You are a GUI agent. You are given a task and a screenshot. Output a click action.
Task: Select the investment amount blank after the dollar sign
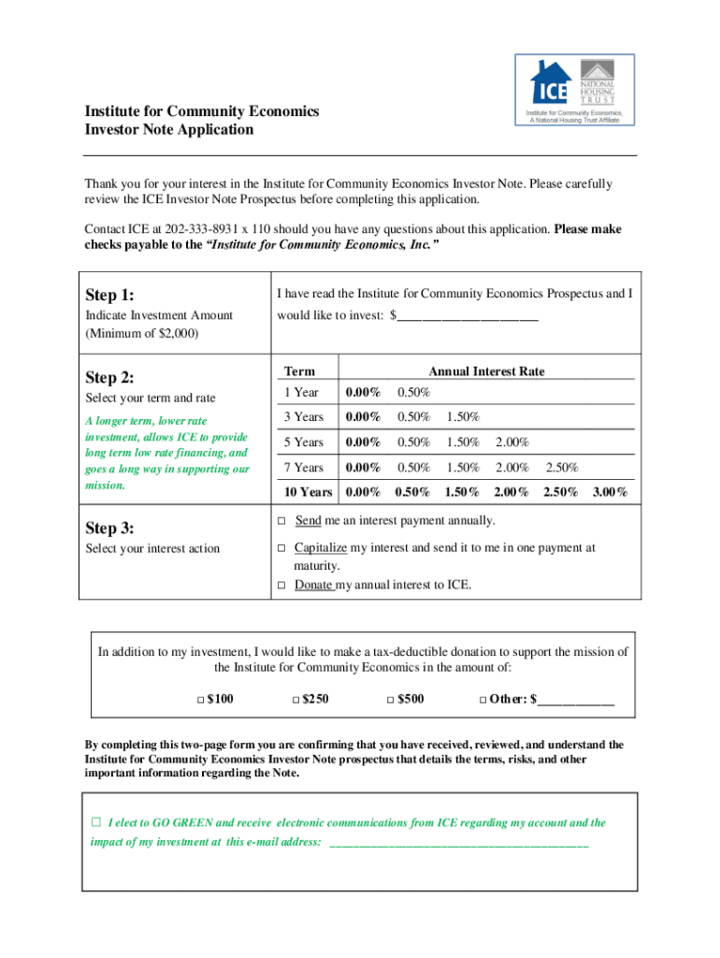468,316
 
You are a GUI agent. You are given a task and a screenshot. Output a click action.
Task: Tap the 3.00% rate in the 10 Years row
610,492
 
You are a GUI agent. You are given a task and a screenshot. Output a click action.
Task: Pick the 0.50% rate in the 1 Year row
413,392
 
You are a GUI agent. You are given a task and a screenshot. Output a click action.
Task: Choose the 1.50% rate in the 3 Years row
463,417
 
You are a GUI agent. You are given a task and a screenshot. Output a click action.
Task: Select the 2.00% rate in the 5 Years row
512,443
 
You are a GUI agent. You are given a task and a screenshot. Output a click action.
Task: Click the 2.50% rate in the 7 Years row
561,468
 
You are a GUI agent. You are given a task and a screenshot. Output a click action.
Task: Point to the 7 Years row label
304,468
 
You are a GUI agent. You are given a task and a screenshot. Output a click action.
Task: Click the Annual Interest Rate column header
486,371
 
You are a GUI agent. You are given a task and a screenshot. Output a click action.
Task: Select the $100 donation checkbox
200,700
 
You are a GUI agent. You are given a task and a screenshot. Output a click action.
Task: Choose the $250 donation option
295,700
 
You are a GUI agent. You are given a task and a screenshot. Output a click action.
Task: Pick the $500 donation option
391,700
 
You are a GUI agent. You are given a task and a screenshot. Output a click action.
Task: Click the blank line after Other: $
576,700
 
